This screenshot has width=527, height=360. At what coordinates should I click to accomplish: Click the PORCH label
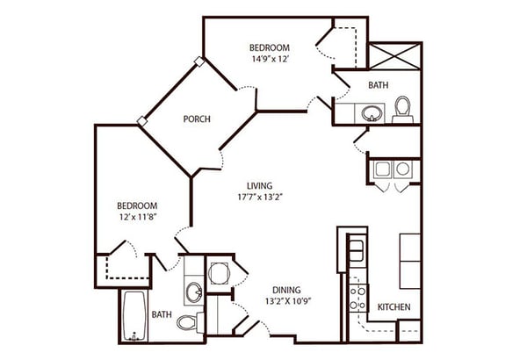(197, 119)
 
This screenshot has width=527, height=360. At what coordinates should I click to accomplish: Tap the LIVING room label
(259, 186)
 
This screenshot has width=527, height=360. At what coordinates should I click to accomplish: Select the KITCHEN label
(393, 307)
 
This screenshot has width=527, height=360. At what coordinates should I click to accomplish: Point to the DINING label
(286, 290)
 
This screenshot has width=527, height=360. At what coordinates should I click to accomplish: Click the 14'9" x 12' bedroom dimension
(271, 59)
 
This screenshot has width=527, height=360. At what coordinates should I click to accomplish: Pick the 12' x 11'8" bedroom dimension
(139, 217)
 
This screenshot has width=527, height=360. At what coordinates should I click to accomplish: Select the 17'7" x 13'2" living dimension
(259, 198)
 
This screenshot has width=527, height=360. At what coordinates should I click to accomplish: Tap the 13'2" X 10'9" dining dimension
(287, 301)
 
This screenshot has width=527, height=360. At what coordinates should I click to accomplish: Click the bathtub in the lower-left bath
(134, 316)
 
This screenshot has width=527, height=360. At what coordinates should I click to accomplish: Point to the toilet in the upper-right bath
(402, 110)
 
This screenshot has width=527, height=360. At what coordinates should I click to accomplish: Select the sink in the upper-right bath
(372, 113)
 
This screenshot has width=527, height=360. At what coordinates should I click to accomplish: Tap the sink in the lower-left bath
(194, 292)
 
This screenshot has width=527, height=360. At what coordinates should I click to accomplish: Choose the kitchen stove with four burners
(357, 299)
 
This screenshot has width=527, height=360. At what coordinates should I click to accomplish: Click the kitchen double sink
(357, 250)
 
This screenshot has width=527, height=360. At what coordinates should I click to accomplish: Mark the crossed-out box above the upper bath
(394, 56)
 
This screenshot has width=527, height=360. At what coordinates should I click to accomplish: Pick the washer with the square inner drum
(382, 169)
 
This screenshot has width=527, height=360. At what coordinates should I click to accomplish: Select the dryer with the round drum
(403, 169)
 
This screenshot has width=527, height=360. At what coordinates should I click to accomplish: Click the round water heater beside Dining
(220, 273)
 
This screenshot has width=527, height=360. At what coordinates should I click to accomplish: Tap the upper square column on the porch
(199, 61)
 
